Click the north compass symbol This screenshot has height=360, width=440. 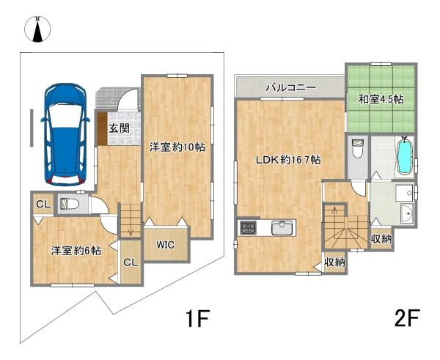[37, 29]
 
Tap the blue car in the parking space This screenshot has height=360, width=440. [65, 135]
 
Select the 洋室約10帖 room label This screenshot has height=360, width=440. [177, 147]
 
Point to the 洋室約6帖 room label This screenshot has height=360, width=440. [76, 251]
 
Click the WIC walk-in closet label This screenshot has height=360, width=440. [166, 245]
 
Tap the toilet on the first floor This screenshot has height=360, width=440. [69, 203]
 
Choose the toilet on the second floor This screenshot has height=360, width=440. [358, 149]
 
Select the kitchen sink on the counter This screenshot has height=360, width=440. [283, 227]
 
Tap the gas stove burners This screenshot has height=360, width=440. [248, 227]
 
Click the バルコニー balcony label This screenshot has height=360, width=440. [291, 87]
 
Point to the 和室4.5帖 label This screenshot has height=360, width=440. [381, 99]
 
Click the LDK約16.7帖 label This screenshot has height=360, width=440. [288, 160]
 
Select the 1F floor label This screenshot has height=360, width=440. [197, 319]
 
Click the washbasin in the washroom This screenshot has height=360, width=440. [407, 213]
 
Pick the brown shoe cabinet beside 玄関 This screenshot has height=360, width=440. [103, 129]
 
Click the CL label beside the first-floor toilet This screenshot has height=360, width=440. [43, 205]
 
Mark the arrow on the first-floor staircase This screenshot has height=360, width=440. [131, 228]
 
